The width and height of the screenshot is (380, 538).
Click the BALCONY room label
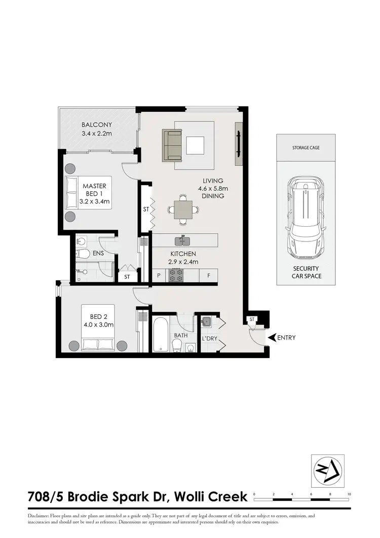[97, 125]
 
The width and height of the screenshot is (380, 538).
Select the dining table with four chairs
[183, 209]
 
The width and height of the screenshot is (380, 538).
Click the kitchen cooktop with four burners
[176, 275]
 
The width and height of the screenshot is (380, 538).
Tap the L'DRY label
[209, 338]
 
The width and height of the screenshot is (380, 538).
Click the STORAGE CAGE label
[306, 148]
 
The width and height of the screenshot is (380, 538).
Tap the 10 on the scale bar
[349, 493]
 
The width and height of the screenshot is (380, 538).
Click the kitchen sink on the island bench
[180, 240]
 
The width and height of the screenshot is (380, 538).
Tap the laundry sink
[207, 321]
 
